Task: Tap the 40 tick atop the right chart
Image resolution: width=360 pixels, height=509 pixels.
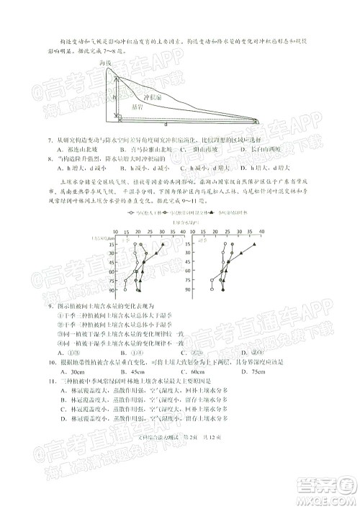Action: click(x=261, y=233)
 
